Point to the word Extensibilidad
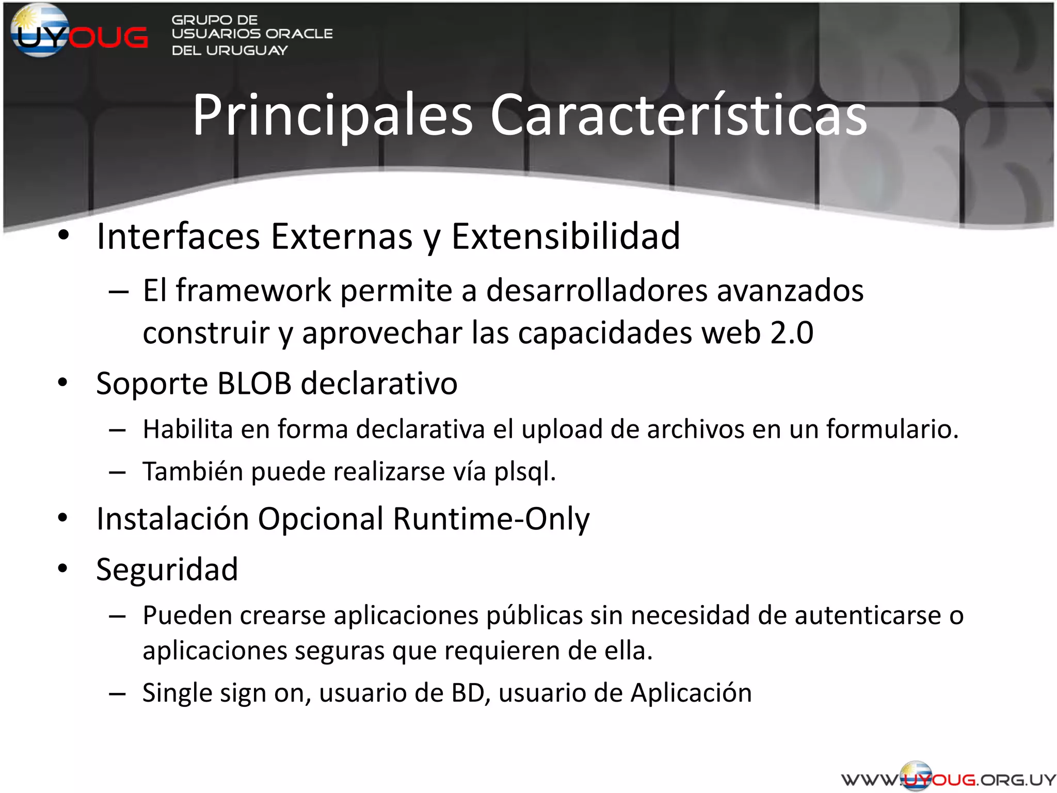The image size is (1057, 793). [x=566, y=236]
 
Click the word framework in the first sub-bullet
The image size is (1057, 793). [x=253, y=290]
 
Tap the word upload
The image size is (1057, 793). [x=562, y=429]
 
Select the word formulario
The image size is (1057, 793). [x=892, y=429]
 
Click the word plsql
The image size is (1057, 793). [x=524, y=472]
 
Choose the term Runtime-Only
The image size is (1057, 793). [x=491, y=519]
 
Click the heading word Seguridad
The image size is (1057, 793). [x=167, y=570]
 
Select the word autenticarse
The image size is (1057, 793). [x=868, y=615]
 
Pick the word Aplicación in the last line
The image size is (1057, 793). [x=691, y=693]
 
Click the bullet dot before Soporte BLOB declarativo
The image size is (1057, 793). [x=63, y=383]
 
